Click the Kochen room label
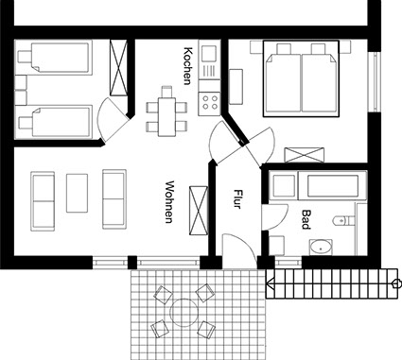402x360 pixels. click(187, 66)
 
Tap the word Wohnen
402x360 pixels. click(169, 202)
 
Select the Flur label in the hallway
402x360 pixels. click(237, 199)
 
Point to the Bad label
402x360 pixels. click(306, 219)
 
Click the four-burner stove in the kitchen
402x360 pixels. click(210, 102)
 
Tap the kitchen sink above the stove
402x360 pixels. click(209, 54)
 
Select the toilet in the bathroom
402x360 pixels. click(344, 220)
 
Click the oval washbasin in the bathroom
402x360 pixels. click(321, 248)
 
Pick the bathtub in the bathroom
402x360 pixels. click(333, 185)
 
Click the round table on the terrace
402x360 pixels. click(184, 313)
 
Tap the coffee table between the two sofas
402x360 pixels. click(77, 193)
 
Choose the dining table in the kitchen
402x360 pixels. click(166, 117)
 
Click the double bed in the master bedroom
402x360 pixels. click(301, 78)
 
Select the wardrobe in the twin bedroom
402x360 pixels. click(118, 67)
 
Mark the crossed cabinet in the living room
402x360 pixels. click(199, 211)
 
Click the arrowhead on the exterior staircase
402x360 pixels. click(270, 284)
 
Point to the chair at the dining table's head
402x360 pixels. click(166, 92)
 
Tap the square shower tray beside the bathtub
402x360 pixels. click(284, 185)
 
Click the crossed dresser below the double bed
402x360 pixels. click(305, 155)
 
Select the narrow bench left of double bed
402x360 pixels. click(236, 87)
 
